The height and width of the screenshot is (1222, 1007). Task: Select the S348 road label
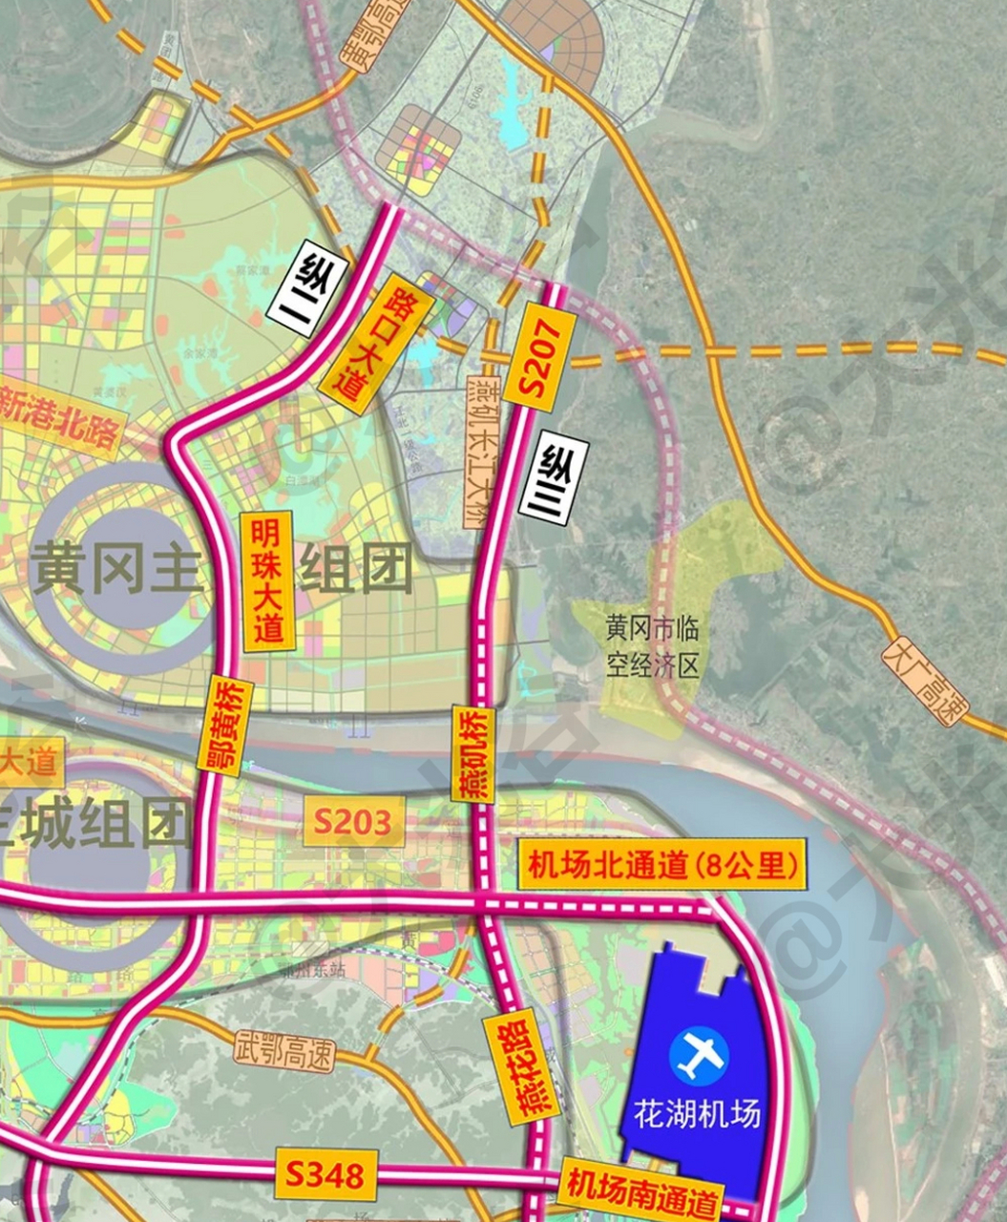point(325,1173)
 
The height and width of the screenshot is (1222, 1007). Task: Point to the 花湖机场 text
point(699,1113)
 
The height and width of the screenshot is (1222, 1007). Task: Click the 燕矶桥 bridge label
point(471,754)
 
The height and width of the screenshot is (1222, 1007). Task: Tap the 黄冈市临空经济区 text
point(653,646)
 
